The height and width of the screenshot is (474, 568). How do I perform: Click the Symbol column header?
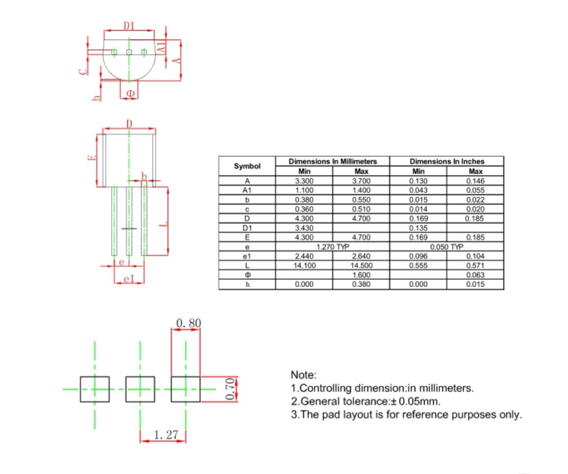pyautogui.click(x=247, y=166)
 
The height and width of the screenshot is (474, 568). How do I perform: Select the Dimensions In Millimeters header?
pyautogui.click(x=332, y=161)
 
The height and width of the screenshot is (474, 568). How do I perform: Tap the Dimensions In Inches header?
pyautogui.click(x=447, y=161)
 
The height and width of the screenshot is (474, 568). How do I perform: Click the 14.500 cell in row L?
pyautogui.click(x=361, y=265)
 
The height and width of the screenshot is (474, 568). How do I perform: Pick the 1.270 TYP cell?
pyautogui.click(x=333, y=247)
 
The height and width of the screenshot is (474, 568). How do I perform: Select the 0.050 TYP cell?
pyautogui.click(x=447, y=247)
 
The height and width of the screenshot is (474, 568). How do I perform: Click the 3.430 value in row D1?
pyautogui.click(x=304, y=228)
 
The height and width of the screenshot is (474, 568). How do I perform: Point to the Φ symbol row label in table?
pyautogui.click(x=247, y=275)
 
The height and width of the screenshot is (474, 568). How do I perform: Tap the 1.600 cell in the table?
pyautogui.click(x=361, y=275)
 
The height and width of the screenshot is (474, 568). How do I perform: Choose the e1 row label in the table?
pyautogui.click(x=247, y=256)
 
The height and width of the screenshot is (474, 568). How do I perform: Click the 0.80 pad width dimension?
pyautogui.click(x=189, y=323)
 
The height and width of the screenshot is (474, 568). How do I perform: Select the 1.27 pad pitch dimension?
pyautogui.click(x=166, y=435)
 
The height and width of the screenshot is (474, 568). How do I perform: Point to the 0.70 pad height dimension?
pyautogui.click(x=230, y=389)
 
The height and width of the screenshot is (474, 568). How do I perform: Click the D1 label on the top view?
pyautogui.click(x=129, y=26)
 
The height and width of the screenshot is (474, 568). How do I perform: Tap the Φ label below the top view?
pyautogui.click(x=130, y=93)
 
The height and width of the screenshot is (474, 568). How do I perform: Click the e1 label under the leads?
pyautogui.click(x=129, y=279)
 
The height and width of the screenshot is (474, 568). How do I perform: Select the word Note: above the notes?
pyautogui.click(x=304, y=375)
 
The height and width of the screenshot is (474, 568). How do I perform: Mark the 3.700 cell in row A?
pyautogui.click(x=361, y=181)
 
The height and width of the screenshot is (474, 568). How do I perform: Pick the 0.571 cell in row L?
pyautogui.click(x=475, y=265)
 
